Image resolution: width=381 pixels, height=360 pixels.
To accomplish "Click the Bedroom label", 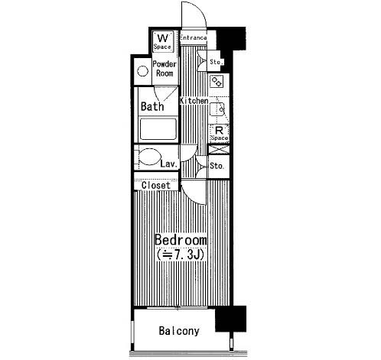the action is click(181, 240).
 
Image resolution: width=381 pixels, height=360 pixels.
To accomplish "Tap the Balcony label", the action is click(179, 331).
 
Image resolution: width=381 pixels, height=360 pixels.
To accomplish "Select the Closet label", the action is click(156, 185).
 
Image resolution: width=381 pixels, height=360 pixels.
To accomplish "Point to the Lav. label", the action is click(169, 164).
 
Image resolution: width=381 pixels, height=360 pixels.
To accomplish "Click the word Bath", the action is click(152, 106).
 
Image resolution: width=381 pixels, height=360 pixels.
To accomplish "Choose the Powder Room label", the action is click(164, 69).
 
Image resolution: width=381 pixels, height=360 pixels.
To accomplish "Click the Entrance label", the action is click(193, 37).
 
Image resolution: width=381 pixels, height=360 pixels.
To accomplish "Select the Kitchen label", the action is click(194, 101).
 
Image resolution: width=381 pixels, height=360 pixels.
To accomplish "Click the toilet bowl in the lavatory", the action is click(150, 157).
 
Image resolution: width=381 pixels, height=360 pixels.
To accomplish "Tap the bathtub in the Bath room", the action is click(158, 129).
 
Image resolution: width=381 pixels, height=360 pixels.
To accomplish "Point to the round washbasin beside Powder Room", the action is click(142, 71).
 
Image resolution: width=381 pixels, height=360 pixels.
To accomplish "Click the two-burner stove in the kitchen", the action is click(217, 81).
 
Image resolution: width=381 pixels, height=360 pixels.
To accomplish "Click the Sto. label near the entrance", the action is click(217, 62).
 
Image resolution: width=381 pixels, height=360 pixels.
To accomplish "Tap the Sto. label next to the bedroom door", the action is click(217, 166).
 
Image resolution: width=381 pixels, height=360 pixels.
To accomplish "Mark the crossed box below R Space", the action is click(219, 149).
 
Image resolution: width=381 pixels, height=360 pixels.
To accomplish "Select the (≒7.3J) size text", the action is click(181, 255).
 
